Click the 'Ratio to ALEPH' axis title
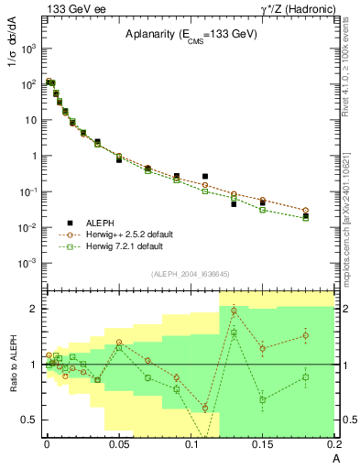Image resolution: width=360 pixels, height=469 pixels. (x=12, y=364)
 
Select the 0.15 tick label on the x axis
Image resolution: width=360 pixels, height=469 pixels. (x=263, y=445)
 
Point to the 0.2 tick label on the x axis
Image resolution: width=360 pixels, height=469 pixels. (x=333, y=445)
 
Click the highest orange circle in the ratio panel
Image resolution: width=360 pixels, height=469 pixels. (x=235, y=311)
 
